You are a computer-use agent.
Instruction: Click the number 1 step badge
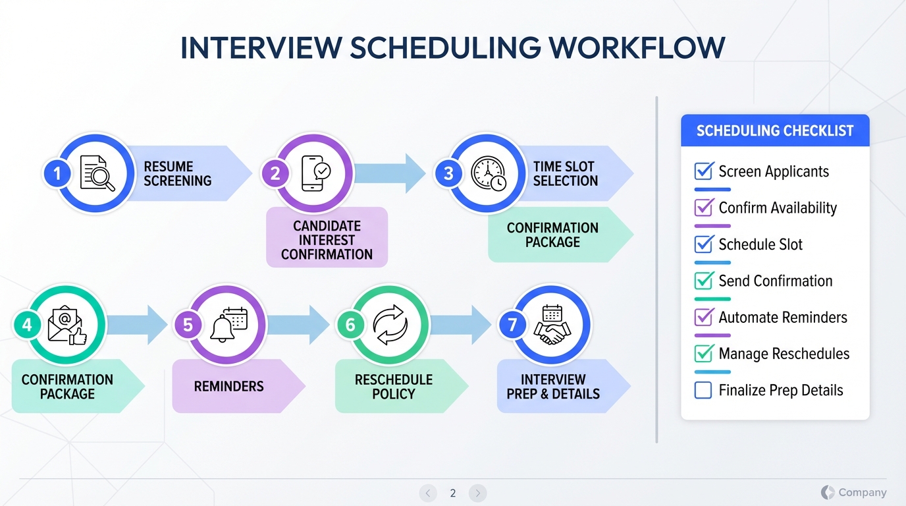(57, 173)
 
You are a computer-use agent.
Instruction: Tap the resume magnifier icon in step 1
(97, 173)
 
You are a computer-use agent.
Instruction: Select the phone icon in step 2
(316, 173)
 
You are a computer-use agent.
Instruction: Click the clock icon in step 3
(489, 173)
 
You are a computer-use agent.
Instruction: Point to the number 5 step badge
(188, 325)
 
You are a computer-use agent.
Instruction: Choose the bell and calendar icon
(228, 325)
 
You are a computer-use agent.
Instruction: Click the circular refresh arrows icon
(390, 325)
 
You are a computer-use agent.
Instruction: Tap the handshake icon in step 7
(552, 325)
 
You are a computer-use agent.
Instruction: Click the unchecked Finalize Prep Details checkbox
(703, 390)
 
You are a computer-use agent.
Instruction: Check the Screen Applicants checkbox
(704, 171)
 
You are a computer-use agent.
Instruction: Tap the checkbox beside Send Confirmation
(704, 280)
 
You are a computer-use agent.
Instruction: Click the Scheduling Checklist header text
(775, 130)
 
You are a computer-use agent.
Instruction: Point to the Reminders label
(229, 386)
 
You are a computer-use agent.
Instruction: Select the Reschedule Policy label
(394, 387)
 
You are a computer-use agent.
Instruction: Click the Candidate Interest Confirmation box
(327, 237)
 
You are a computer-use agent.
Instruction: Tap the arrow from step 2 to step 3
(390, 173)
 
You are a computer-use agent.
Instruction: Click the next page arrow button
(477, 493)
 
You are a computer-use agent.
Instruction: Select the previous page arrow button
(428, 493)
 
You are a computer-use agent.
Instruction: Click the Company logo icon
(828, 492)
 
